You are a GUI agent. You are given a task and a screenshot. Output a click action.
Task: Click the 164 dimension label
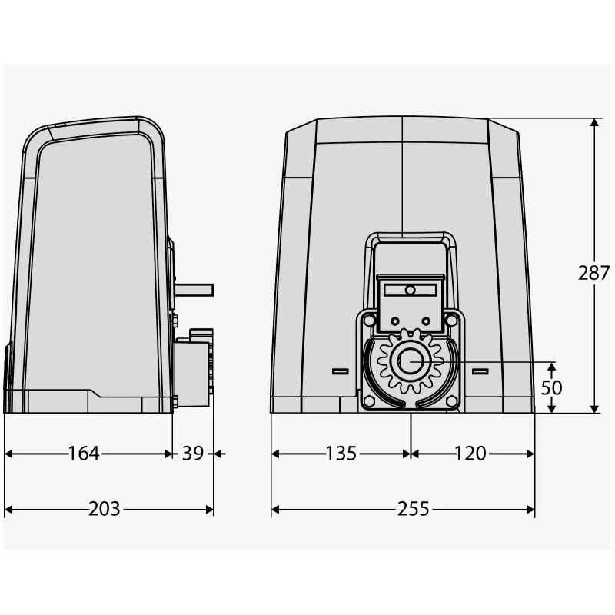84,454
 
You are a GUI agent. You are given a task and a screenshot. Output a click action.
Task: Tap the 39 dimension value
193,454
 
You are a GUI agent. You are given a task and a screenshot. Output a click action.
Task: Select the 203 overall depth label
104,509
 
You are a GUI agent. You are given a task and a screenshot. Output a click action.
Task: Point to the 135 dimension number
341,454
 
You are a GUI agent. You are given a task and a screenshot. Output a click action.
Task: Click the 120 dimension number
470,454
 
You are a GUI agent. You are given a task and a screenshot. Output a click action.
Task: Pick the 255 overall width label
414,509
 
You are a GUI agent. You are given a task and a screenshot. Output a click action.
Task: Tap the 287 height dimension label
593,273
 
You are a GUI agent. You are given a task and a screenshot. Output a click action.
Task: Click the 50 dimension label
551,388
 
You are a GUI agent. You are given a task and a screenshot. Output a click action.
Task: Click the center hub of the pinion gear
411,361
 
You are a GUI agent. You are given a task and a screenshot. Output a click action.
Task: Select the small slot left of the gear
340,371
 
